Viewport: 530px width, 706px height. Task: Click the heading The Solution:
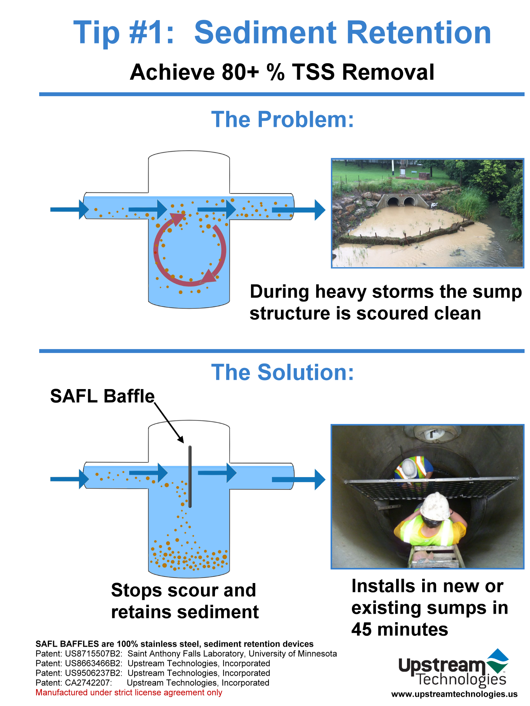tap(282, 372)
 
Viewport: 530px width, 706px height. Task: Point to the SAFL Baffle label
tap(102, 396)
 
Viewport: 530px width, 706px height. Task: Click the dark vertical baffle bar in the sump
tap(190, 477)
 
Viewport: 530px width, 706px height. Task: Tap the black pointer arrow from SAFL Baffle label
tap(169, 423)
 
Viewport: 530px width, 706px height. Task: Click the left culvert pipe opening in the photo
tap(393, 202)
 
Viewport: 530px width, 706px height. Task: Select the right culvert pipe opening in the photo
tap(409, 202)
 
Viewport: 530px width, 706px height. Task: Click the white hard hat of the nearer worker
tap(436, 506)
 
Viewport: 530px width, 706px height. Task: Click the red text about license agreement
tap(129, 692)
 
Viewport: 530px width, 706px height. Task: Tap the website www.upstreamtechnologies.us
tap(454, 694)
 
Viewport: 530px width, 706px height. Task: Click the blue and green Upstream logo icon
tap(497, 661)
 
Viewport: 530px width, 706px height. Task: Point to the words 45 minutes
tap(400, 629)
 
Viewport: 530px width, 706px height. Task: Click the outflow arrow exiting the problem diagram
tap(298, 210)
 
